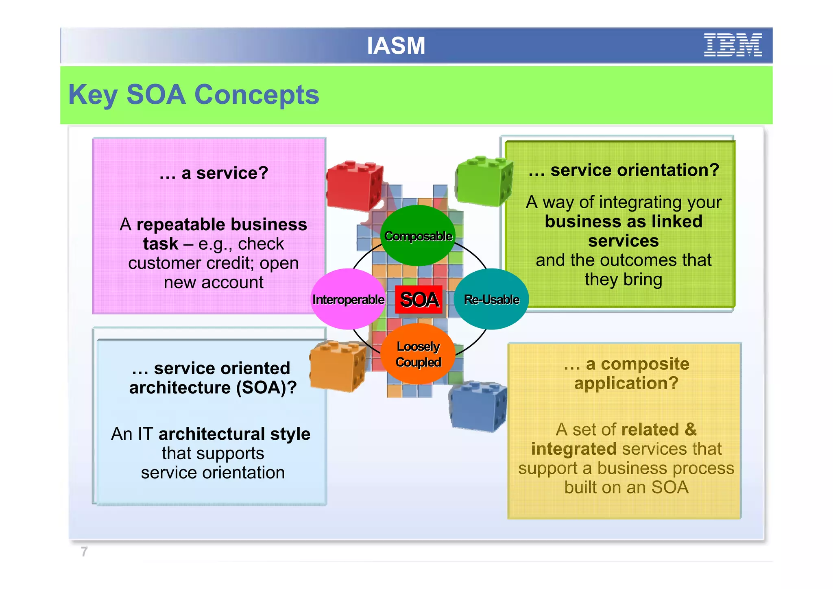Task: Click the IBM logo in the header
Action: [x=733, y=45]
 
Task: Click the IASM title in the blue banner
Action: [x=396, y=46]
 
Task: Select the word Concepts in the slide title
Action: [x=257, y=95]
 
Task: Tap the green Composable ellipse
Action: [x=418, y=236]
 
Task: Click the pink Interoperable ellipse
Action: [x=348, y=299]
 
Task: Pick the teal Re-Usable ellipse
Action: [x=491, y=299]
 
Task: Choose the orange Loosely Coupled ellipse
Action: [x=418, y=354]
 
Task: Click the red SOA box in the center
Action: [x=419, y=300]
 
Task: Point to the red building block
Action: [x=355, y=186]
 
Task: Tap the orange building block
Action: [x=338, y=365]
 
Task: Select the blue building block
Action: [x=478, y=406]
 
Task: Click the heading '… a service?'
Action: [x=214, y=173]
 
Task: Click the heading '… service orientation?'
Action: [x=624, y=170]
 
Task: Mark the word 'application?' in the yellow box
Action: [x=626, y=383]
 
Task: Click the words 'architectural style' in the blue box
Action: [x=234, y=434]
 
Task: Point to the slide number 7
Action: [x=84, y=552]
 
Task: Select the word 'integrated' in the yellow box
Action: [x=574, y=449]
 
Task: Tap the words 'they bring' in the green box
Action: [x=623, y=279]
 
